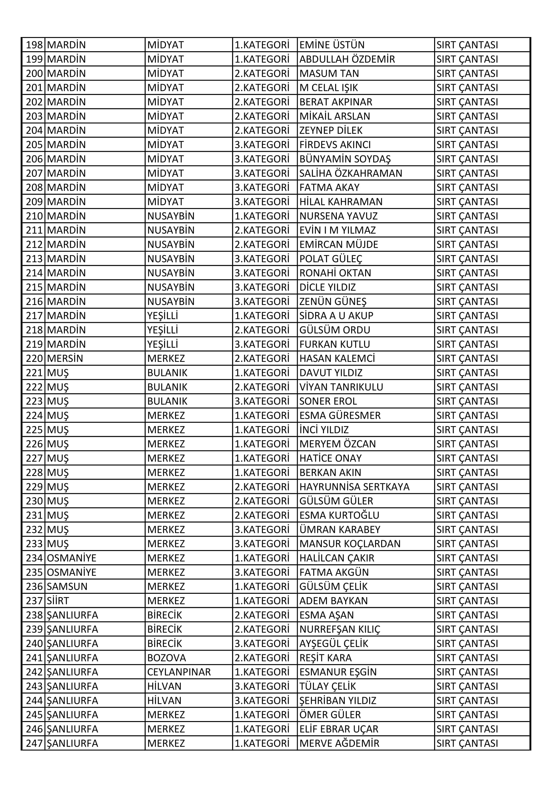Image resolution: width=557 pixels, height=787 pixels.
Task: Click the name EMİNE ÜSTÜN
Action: (332, 45)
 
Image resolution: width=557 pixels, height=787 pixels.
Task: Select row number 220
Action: (34, 358)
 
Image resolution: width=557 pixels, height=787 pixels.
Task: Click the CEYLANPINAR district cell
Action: (179, 672)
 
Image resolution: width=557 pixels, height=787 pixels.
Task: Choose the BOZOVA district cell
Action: (166, 658)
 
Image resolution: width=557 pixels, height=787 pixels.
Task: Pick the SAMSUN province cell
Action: (67, 586)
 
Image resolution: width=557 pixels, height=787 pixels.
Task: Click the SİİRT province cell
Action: (58, 601)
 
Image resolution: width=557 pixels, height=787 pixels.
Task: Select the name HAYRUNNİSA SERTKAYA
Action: (354, 487)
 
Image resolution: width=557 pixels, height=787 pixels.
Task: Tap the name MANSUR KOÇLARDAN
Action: (350, 544)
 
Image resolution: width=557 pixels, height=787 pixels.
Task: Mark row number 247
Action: (34, 744)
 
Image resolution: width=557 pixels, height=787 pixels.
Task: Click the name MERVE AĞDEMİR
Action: (339, 744)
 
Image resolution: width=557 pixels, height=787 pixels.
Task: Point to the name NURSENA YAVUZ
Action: (338, 216)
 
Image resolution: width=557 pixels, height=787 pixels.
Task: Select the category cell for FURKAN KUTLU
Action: (262, 344)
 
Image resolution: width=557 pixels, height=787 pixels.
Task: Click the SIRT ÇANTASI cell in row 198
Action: (467, 45)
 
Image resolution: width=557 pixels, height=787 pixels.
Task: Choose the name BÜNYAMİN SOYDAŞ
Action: (345, 159)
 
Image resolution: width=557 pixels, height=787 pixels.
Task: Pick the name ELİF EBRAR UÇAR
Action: (338, 729)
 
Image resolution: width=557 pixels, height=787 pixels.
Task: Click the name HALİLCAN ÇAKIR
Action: (336, 558)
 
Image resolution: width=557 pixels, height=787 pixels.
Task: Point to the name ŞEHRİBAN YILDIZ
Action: (337, 700)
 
